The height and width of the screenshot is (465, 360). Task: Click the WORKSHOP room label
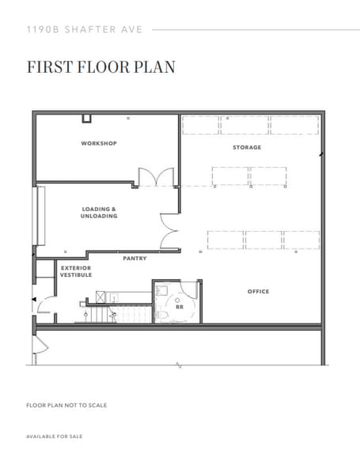[x=99, y=143]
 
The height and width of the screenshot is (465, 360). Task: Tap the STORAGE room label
[x=246, y=148]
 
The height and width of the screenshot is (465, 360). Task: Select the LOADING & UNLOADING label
[x=99, y=213]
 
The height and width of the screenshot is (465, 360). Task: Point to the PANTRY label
[x=135, y=259]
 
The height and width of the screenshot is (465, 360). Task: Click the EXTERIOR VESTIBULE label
[x=76, y=271]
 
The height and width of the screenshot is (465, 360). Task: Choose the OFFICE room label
[x=258, y=291]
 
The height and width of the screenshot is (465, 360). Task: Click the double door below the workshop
[x=154, y=179]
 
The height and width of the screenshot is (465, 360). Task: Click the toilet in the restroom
[x=163, y=314]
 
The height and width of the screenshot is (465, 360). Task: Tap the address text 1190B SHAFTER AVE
[x=84, y=28]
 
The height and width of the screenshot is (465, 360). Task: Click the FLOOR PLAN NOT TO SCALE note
[x=66, y=406]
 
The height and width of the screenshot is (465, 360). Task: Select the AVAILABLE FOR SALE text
[x=54, y=437]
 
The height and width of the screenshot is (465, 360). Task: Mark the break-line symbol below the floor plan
[x=179, y=365]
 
